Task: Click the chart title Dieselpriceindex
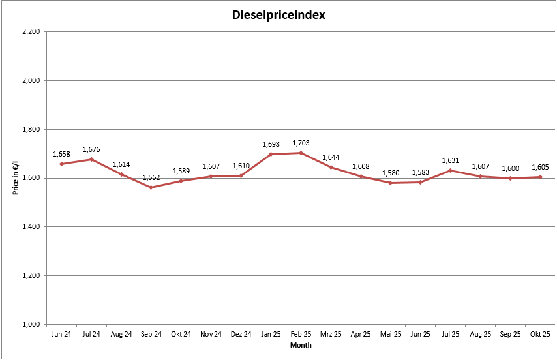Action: point(278,14)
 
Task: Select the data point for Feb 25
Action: point(301,153)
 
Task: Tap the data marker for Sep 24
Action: point(151,187)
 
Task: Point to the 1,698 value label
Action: point(271,144)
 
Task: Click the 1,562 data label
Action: point(151,178)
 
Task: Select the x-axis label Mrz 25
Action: point(331,335)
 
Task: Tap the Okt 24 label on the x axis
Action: point(181,335)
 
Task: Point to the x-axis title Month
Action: point(301,345)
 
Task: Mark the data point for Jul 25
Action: point(450,170)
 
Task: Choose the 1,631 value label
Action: point(450,160)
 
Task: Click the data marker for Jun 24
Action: point(61,164)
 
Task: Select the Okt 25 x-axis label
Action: point(540,335)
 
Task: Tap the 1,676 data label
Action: point(91,150)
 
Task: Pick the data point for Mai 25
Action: point(390,183)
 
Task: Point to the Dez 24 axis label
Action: point(241,335)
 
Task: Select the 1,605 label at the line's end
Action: point(540,167)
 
